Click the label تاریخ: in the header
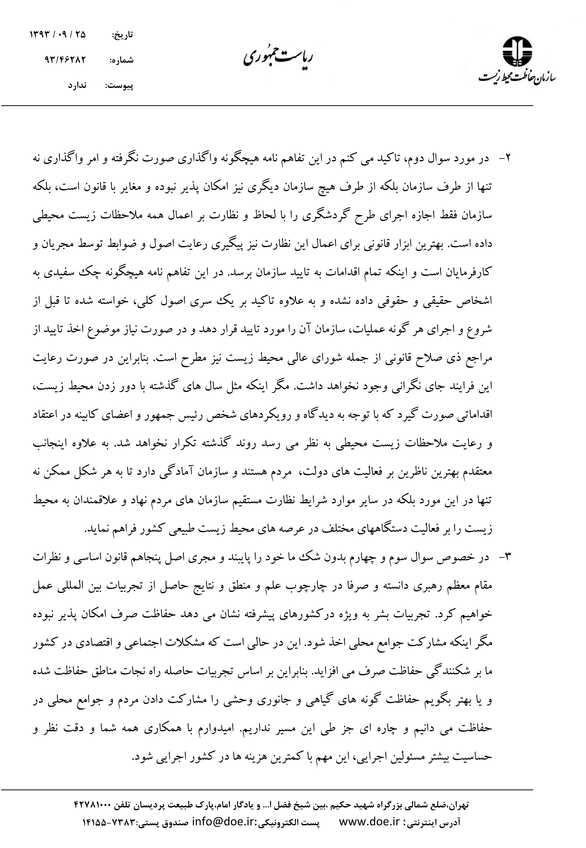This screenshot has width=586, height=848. tap(122, 35)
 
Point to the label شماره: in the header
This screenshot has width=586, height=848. tap(122, 61)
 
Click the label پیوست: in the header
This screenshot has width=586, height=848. tap(119, 86)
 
